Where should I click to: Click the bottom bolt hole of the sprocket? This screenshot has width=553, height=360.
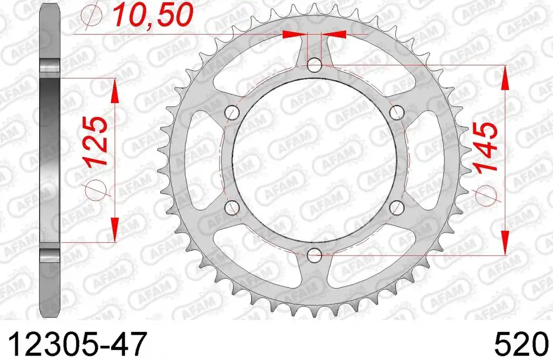(315, 255)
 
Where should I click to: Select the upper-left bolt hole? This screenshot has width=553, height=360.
(233, 113)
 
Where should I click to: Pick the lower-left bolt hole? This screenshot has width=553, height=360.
(233, 208)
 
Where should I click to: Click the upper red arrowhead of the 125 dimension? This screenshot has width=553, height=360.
(115, 91)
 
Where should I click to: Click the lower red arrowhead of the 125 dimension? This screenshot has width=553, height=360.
(115, 229)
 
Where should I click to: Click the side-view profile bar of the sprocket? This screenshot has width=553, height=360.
(49, 160)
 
